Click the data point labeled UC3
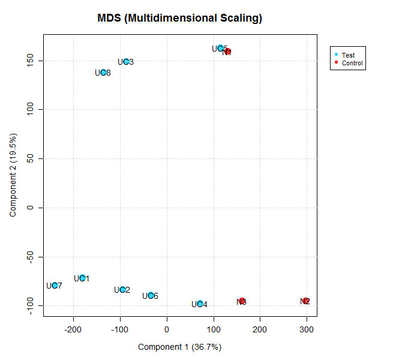point(126,61)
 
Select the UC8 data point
point(104,73)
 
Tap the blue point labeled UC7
point(55,286)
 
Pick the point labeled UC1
point(82,278)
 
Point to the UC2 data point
point(122,290)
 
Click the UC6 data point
point(151,295)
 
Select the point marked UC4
point(200,304)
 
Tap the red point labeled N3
point(242,301)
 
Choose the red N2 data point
point(306,301)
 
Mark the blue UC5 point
point(220,48)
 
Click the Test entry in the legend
point(348,55)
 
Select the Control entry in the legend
point(352,63)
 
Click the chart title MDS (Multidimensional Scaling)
point(180,19)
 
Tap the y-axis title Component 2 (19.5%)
point(13,175)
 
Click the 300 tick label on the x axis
point(307,329)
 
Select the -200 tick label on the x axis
point(73,329)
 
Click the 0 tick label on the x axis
point(167,329)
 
